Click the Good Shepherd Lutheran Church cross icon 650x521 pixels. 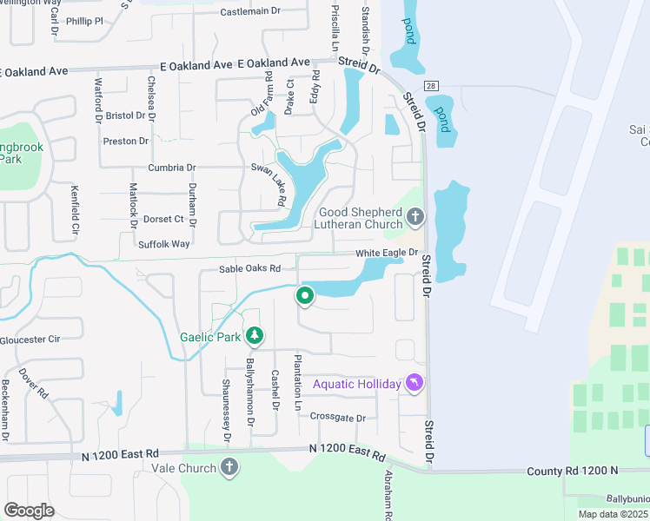pos(415,216)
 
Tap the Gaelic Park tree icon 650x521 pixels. pos(254,335)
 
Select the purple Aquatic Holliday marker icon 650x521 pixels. pos(415,383)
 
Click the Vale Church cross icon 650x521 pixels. pos(229,468)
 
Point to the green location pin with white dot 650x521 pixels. pos(305,296)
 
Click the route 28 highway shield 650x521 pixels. pos(431,85)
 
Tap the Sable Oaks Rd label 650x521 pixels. pos(250,269)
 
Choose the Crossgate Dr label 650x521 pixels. pos(337,418)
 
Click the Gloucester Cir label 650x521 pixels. pos(30,340)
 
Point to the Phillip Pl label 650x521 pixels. pos(90,20)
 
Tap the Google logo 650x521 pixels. pos(29,510)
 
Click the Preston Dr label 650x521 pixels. pos(126,141)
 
